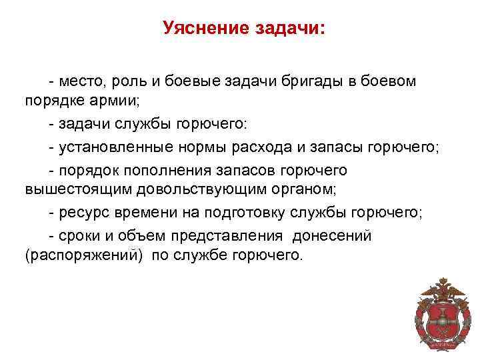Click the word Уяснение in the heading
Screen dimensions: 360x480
[x=204, y=29]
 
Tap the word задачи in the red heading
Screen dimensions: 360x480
[x=288, y=29]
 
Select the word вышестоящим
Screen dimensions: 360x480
[x=78, y=189]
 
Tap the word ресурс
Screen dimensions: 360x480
[x=81, y=212]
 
